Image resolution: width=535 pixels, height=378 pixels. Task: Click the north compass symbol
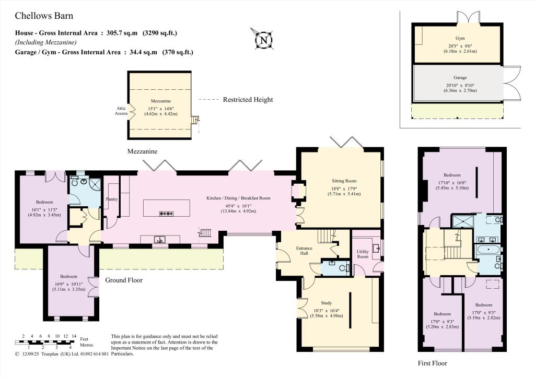coord(263,40)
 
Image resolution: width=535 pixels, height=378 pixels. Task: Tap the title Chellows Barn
coord(44,16)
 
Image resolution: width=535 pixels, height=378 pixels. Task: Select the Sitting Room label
coord(344,181)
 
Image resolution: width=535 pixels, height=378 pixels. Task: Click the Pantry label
coord(112,199)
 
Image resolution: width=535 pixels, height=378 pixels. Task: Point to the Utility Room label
coord(363,254)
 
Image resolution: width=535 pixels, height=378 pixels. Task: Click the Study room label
coord(326,303)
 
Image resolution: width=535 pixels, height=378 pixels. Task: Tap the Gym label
coord(460,38)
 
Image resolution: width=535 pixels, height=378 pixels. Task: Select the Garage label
coord(460,77)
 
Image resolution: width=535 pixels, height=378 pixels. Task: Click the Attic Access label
coord(121,111)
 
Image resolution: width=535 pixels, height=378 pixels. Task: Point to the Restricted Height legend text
coord(248,100)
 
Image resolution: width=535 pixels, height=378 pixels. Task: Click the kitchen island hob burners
coord(167,214)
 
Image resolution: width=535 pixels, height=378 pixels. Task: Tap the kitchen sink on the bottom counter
coord(159,240)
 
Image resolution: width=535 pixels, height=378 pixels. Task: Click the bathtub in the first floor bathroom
coord(489,250)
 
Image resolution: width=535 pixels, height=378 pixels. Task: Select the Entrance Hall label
coord(304,251)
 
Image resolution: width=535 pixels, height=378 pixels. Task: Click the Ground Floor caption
coord(124,280)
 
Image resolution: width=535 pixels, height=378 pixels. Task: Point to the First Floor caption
coord(432,363)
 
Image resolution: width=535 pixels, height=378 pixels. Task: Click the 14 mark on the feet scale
coord(74,336)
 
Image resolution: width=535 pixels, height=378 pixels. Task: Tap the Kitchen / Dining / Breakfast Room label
coord(238,198)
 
